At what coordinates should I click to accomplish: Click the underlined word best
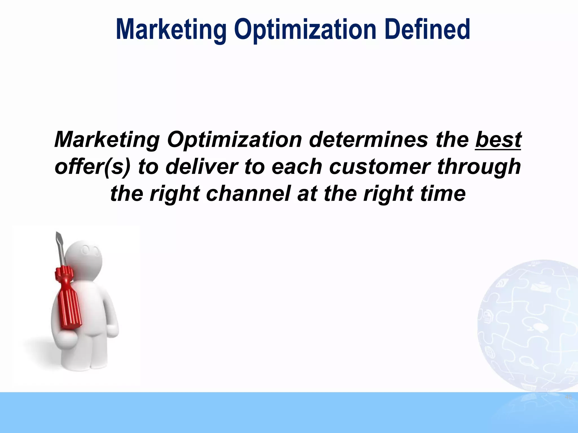click(x=498, y=140)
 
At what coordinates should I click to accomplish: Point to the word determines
click(x=368, y=140)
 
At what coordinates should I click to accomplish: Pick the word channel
click(x=248, y=194)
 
